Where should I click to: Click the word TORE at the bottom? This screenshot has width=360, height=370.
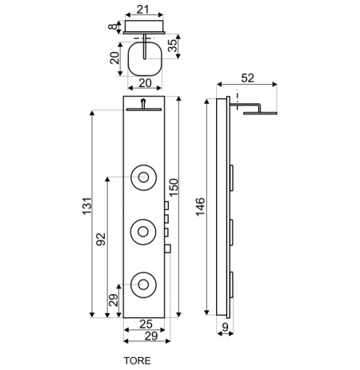point(137,360)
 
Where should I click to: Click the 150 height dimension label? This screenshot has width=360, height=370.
point(174,188)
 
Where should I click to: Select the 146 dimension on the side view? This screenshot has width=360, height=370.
point(200,207)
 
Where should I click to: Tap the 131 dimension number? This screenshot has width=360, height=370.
point(87,206)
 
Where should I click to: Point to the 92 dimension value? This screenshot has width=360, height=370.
point(101,239)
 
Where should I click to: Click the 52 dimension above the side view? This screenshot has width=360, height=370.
point(248,78)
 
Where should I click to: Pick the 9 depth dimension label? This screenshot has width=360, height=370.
point(226,327)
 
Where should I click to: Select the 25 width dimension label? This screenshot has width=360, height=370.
point(146,324)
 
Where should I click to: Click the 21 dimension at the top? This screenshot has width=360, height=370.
point(143,10)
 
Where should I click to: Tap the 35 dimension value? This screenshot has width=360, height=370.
point(173,46)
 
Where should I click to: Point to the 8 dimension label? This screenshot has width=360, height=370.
point(113,26)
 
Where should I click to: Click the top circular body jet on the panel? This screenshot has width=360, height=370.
point(143,177)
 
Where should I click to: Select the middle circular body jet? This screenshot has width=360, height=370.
point(143,232)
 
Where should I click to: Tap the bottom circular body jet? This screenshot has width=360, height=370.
point(143,284)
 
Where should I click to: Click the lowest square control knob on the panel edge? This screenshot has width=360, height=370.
point(168,249)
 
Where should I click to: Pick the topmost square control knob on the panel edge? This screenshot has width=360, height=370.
point(166,205)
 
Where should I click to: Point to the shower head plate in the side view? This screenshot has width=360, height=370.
point(260,113)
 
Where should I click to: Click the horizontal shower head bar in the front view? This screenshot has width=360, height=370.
point(144,109)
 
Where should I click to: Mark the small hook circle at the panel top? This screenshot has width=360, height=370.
point(143,101)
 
